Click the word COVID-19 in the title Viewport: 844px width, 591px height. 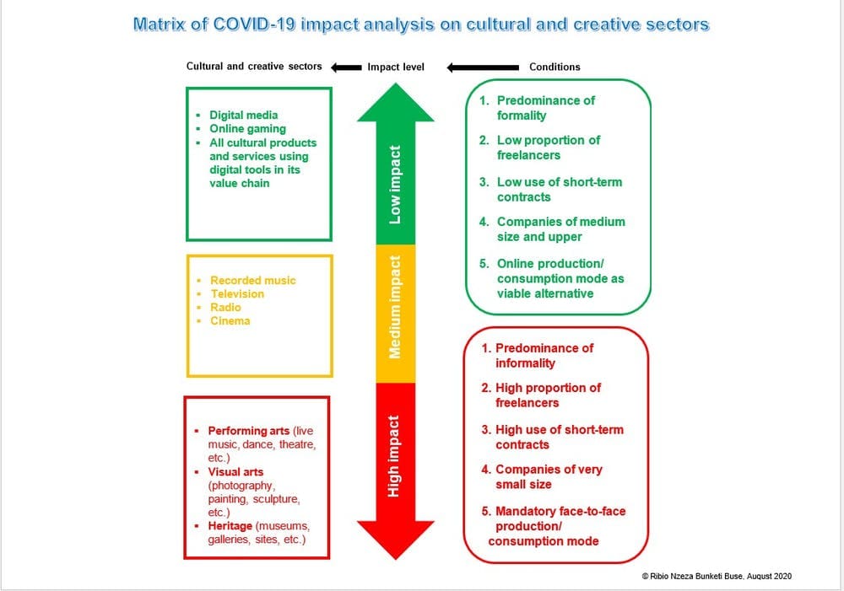click(255, 24)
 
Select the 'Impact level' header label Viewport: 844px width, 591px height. click(396, 67)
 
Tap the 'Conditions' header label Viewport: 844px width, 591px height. click(555, 67)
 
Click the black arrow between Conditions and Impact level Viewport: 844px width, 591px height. click(483, 67)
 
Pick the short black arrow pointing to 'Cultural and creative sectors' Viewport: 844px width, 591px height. click(346, 67)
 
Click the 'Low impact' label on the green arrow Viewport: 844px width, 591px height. click(395, 185)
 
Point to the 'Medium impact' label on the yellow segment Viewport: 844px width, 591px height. click(395, 307)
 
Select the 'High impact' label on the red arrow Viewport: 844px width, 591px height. click(393, 456)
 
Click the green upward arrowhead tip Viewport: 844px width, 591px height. click(396, 83)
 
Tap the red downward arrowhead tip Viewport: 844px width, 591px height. click(396, 559)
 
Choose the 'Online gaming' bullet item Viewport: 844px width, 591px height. click(247, 129)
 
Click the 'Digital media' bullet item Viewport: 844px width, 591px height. click(244, 116)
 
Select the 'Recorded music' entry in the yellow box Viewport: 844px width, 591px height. click(253, 281)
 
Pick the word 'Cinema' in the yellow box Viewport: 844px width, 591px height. click(230, 321)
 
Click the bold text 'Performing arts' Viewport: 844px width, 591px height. click(249, 432)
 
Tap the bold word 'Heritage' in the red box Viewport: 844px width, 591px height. click(230, 526)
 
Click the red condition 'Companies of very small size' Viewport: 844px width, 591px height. click(542, 477)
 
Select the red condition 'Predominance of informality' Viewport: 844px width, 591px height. click(537, 356)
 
